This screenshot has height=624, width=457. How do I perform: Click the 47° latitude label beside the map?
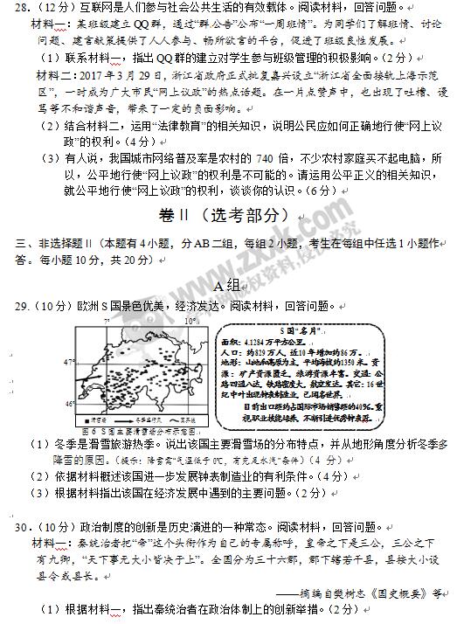[71, 360]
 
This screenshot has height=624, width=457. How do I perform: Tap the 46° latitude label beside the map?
[71, 404]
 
